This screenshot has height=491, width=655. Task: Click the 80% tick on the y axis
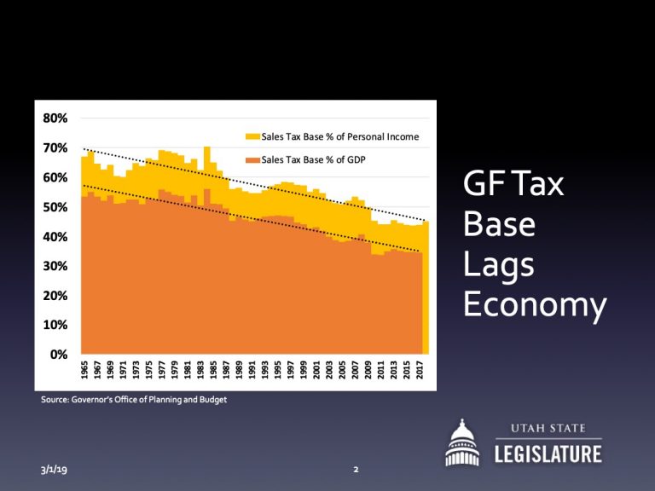coord(55,118)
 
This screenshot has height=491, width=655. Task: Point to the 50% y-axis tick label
coord(55,207)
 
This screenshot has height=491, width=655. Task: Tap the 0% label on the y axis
coord(59,354)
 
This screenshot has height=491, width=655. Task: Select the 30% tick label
coord(55,266)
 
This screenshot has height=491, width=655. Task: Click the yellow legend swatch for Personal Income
coord(252,136)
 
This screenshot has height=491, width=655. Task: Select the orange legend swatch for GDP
coord(252,159)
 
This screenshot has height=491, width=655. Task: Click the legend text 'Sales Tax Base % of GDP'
coord(314,159)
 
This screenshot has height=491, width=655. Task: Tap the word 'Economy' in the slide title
coord(535,304)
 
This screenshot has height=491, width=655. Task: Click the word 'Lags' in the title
coord(499,264)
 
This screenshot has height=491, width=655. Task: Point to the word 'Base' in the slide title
coord(499,224)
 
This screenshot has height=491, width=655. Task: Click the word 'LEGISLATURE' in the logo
coord(548,454)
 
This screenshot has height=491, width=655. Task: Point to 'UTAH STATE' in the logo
coord(548,429)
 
